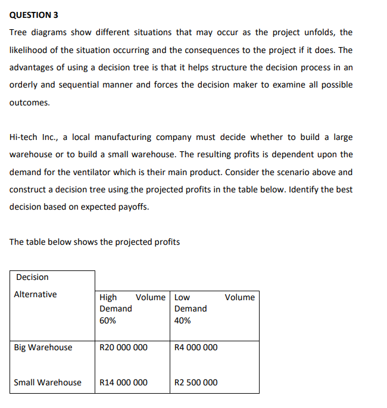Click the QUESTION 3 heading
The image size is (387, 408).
point(34,14)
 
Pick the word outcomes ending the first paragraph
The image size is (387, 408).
point(30,102)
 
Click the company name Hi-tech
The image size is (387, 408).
point(23,137)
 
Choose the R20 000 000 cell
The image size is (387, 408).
point(123,347)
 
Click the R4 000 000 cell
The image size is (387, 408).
point(196,347)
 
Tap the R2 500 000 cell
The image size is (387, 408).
point(196,382)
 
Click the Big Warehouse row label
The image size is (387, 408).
point(43,347)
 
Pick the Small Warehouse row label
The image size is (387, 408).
point(48,382)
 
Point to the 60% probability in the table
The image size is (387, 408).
point(108,320)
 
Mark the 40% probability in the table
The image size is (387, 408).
point(183,320)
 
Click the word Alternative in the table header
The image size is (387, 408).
point(36,294)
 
